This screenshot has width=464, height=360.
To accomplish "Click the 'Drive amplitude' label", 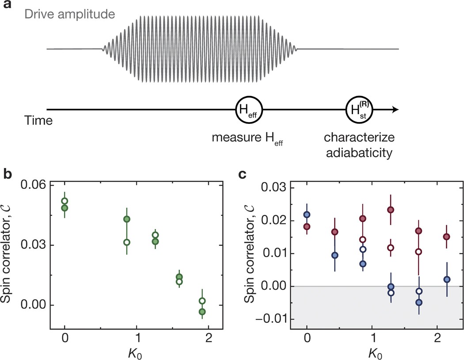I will (x=81, y=15).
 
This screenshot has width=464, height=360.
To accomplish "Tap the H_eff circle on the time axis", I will (x=249, y=110).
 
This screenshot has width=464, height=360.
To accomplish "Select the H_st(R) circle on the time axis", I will (x=360, y=110).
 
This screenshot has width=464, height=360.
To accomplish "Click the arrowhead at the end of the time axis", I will (x=396, y=110).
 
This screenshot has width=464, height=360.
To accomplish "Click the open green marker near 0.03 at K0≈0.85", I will (x=127, y=242).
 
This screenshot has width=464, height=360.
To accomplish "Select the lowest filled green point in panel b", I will (x=202, y=312).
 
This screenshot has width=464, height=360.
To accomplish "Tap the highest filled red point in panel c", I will (x=391, y=210).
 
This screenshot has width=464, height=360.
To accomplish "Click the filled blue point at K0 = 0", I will (x=307, y=214).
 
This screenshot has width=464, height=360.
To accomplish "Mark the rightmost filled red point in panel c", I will (x=447, y=237).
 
